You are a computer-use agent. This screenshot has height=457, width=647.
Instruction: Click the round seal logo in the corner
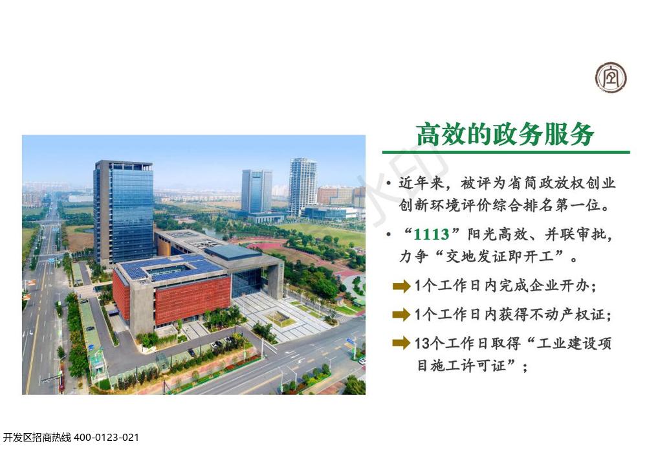point(611,78)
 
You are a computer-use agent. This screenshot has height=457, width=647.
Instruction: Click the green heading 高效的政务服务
point(505,134)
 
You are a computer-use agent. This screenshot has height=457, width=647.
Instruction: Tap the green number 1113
point(431,234)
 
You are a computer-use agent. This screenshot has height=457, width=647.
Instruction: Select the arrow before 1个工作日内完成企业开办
point(401,285)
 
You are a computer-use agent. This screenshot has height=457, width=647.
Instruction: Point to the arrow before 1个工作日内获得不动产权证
point(401,315)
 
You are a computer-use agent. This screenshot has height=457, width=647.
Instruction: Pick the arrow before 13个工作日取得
point(401,342)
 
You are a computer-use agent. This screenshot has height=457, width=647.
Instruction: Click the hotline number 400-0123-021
point(106,438)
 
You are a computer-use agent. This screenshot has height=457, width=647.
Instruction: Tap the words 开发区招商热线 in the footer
point(37,438)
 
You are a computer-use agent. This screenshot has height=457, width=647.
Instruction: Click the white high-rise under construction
point(302,186)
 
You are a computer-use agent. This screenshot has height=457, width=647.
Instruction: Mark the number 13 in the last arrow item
point(422,343)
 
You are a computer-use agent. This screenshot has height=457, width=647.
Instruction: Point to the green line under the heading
point(506,152)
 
